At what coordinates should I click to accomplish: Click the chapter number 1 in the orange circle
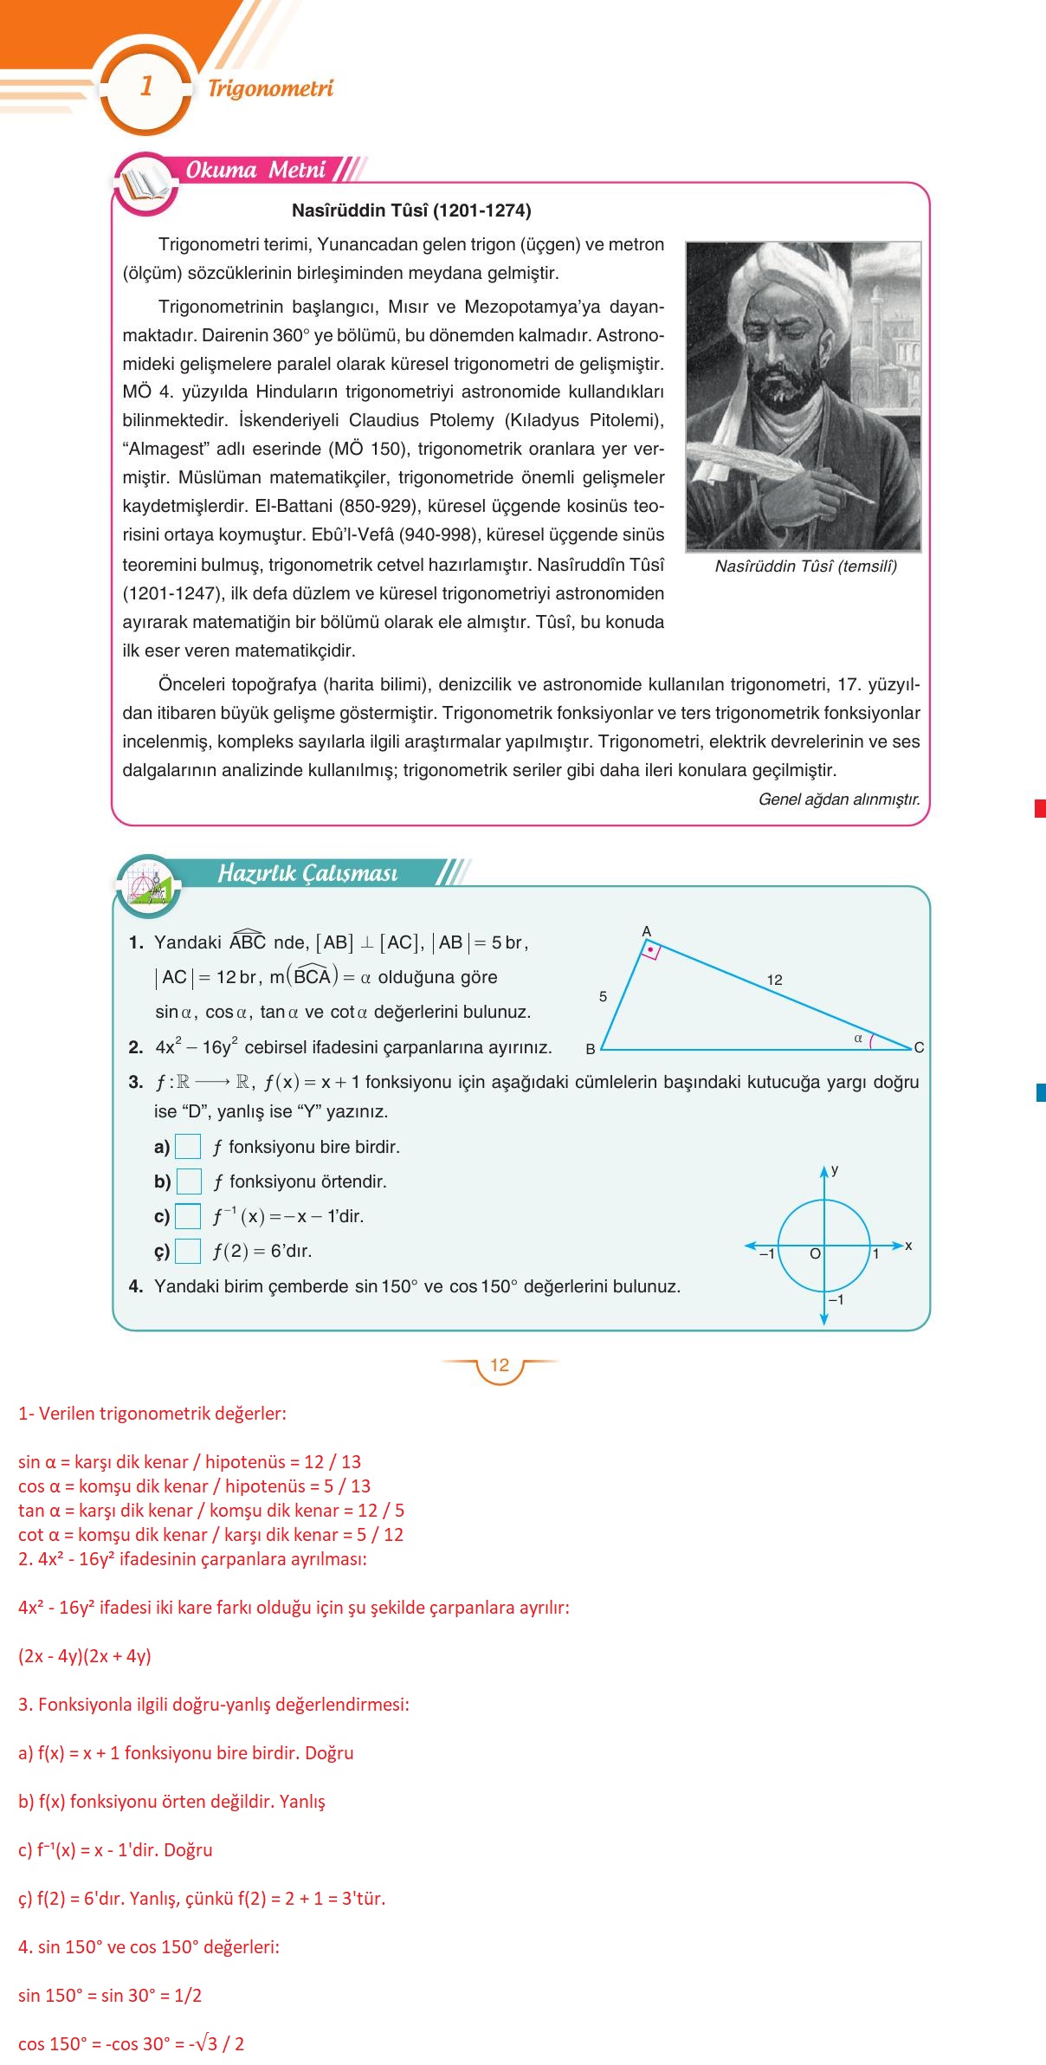click(x=146, y=87)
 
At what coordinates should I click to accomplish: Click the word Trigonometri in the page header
click(x=270, y=88)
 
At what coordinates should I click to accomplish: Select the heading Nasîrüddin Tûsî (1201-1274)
click(x=411, y=210)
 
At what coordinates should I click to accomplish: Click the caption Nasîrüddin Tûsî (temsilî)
click(x=805, y=566)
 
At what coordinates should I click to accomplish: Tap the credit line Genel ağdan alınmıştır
click(x=838, y=799)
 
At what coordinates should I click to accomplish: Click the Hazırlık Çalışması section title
click(x=307, y=873)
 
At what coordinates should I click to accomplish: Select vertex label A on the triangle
click(x=646, y=932)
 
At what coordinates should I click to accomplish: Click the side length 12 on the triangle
click(x=774, y=980)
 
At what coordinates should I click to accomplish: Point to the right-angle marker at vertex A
click(x=650, y=951)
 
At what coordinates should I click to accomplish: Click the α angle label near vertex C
click(x=858, y=1038)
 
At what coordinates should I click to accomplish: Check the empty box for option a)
click(x=188, y=1147)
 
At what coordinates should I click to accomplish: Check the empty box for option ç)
click(x=188, y=1251)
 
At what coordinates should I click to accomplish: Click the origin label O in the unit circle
click(x=815, y=1253)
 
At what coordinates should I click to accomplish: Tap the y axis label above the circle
click(x=835, y=1169)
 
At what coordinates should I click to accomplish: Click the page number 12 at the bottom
click(x=500, y=1365)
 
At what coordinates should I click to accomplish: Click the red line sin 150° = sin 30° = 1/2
click(x=110, y=1996)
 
